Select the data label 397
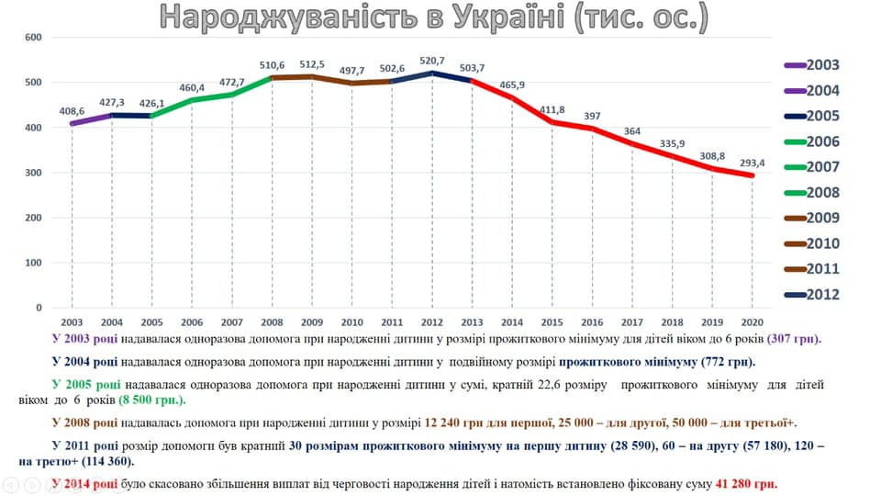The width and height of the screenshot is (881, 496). point(592,116)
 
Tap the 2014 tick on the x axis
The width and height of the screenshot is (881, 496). point(512,322)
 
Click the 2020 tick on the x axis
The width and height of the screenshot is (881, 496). point(752,322)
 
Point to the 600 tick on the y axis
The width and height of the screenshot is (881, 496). point(34,38)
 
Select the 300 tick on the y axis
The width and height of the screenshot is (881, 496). point(34,173)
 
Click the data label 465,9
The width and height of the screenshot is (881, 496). point(511,85)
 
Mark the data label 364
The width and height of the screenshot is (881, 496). point(632,130)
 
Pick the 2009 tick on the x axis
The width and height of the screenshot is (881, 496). point(312,322)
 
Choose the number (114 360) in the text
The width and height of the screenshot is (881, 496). point(91,460)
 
